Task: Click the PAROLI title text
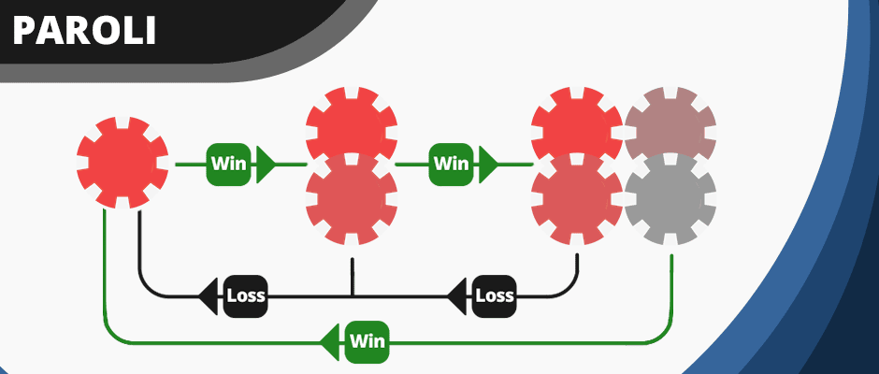click(x=84, y=31)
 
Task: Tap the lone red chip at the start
click(x=122, y=163)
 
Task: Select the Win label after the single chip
click(x=228, y=164)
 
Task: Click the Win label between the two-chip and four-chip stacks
click(x=450, y=164)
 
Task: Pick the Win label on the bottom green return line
click(x=367, y=341)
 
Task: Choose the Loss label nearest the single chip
click(x=246, y=296)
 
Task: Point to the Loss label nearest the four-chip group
click(x=495, y=296)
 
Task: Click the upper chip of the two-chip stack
click(x=352, y=122)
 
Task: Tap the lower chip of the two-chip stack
click(x=352, y=199)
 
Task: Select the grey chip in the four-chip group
click(x=670, y=199)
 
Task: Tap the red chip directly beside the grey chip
click(x=577, y=199)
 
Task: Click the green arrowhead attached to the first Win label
click(x=265, y=164)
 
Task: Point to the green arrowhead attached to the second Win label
click(x=486, y=164)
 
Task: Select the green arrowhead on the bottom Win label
click(x=330, y=341)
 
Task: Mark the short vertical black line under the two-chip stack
click(x=352, y=277)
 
